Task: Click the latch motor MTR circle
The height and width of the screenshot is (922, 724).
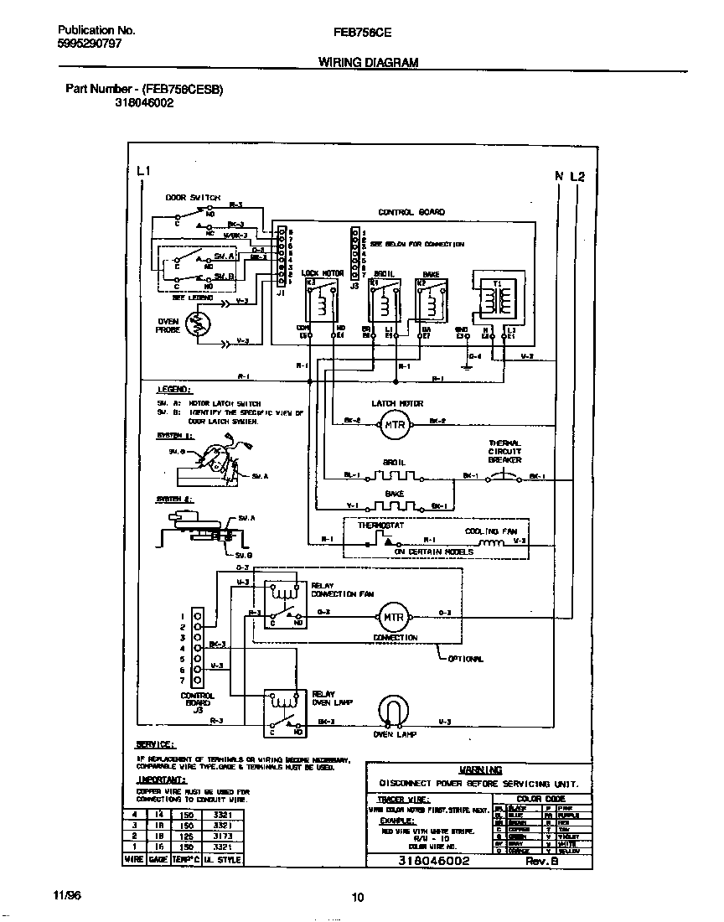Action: pos(394,425)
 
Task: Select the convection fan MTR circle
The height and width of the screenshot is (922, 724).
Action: pos(393,618)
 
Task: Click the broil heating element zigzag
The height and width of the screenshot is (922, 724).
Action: pos(395,476)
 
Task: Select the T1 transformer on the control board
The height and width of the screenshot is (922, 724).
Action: pos(496,297)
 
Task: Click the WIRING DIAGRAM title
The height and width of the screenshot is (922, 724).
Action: pos(369,62)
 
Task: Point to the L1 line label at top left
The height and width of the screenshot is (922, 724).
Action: pos(142,172)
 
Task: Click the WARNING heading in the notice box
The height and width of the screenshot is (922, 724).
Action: pos(481,769)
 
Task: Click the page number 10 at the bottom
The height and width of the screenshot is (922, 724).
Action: pos(358,898)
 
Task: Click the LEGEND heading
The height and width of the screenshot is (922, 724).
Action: pos(173,390)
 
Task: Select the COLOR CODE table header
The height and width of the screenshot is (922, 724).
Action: pos(542,799)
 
